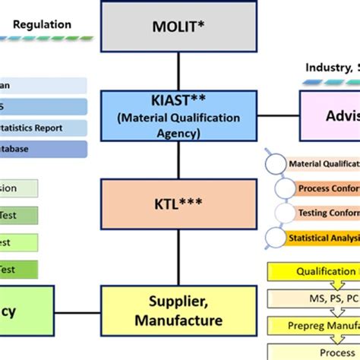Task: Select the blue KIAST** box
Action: point(178,115)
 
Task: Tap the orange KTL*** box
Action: point(178,204)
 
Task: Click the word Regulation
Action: point(43,24)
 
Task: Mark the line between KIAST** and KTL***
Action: point(178,159)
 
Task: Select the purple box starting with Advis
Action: point(330,115)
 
